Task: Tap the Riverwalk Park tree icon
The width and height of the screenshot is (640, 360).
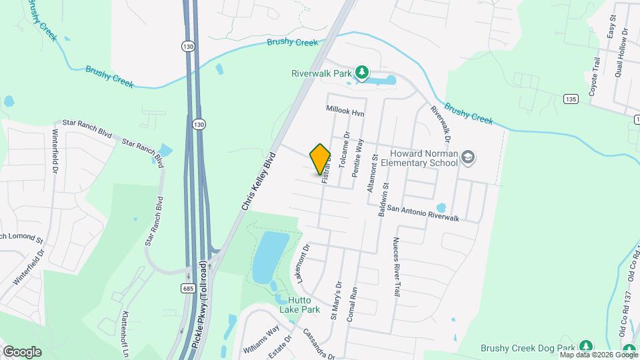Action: coord(361,71)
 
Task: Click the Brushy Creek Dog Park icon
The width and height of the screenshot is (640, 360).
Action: coord(585,346)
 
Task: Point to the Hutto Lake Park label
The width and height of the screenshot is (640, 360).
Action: coord(304,305)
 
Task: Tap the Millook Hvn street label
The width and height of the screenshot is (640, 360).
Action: coord(345,111)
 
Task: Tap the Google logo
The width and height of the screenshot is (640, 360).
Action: coord(22,351)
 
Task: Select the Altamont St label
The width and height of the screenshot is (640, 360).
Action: coord(373,173)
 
